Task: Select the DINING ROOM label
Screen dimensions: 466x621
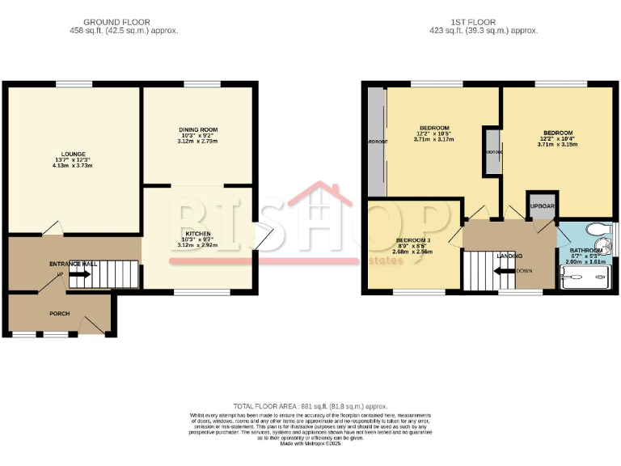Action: click(198, 129)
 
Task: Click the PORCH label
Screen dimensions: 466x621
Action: click(58, 314)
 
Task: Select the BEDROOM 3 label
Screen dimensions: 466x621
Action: click(413, 241)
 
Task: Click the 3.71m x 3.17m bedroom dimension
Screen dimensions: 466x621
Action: click(434, 139)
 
